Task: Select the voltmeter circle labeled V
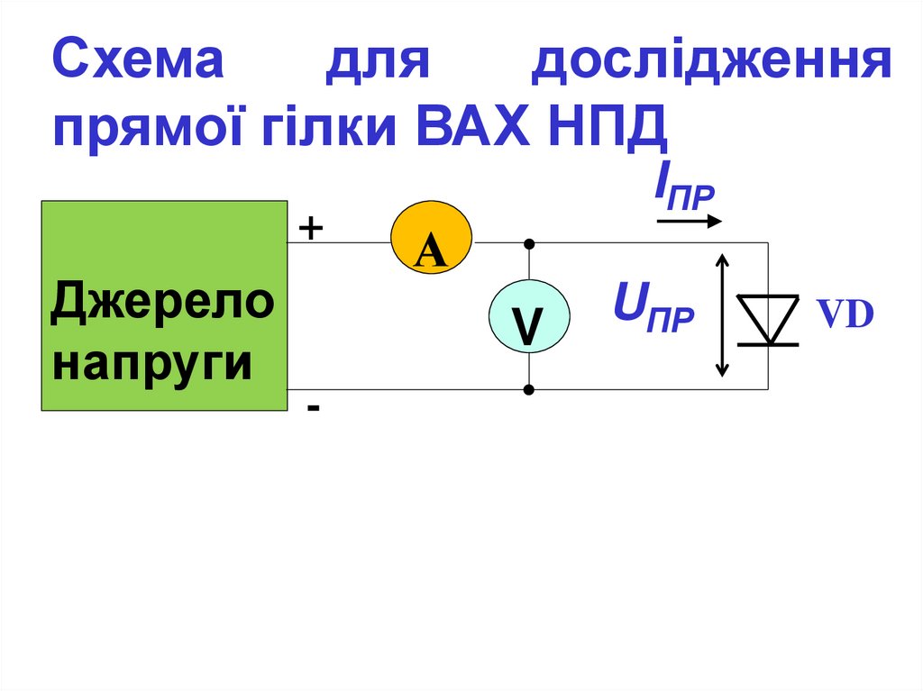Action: point(529,316)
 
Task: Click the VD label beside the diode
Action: point(845,314)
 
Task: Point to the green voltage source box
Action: point(163,305)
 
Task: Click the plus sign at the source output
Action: point(310,229)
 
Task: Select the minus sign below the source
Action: point(312,408)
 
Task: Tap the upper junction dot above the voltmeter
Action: point(529,243)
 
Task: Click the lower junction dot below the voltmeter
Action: point(529,390)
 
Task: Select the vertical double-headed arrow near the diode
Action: point(721,314)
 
